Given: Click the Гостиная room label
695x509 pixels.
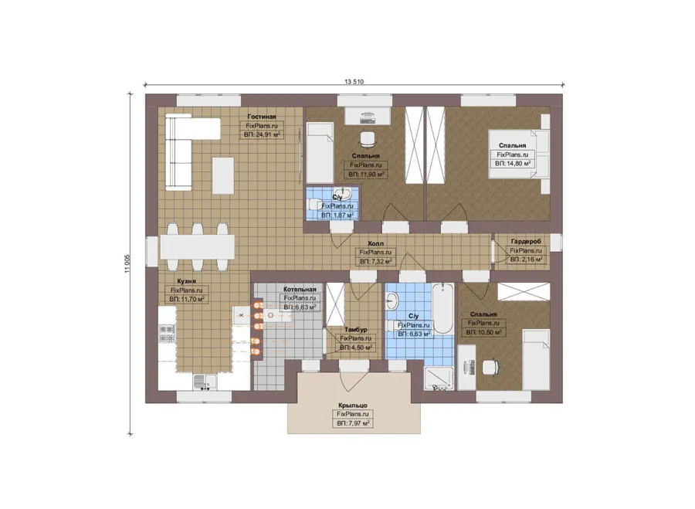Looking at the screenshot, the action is click(x=262, y=117).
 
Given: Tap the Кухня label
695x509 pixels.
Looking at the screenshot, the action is click(x=186, y=281).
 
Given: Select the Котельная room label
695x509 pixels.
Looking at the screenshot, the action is click(x=300, y=290).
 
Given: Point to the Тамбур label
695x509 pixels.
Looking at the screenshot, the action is click(x=355, y=330).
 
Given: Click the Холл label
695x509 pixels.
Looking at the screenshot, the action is click(x=375, y=244).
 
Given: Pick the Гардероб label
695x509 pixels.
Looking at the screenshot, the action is click(x=526, y=242).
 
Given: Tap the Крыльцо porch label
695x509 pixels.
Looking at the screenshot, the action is click(x=352, y=406).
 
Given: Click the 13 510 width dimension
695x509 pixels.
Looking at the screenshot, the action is click(x=354, y=82).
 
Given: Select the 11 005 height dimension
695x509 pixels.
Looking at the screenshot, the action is click(x=127, y=264).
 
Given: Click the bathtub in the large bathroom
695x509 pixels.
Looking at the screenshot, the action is click(x=442, y=308).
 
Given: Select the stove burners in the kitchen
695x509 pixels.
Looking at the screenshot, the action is click(x=167, y=334).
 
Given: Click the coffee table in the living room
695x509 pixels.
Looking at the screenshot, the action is click(x=223, y=175).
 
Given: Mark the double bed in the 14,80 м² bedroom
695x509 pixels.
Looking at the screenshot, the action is click(x=519, y=154).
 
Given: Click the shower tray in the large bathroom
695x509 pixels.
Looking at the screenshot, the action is click(x=439, y=378).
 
